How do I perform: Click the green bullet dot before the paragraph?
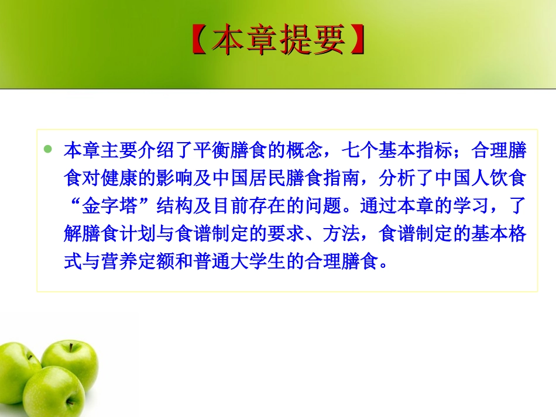coord(49,150)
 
